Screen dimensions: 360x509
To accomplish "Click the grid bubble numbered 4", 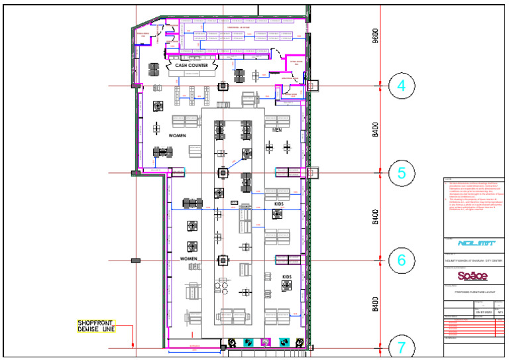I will click(x=402, y=86).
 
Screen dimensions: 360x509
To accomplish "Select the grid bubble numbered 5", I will click(x=402, y=173).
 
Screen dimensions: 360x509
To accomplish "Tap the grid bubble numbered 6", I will click(x=402, y=260).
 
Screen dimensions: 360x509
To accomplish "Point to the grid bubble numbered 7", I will click(x=402, y=346).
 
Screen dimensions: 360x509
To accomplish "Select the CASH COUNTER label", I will click(x=192, y=66).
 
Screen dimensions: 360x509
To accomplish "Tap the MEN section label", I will click(x=277, y=130).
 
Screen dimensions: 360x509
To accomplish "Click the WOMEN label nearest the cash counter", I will click(x=178, y=135).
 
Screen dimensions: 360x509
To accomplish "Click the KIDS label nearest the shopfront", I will click(x=287, y=276).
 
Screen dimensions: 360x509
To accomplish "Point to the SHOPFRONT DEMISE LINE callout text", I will click(x=96, y=326).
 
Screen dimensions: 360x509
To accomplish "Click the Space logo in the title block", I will click(x=473, y=275).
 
